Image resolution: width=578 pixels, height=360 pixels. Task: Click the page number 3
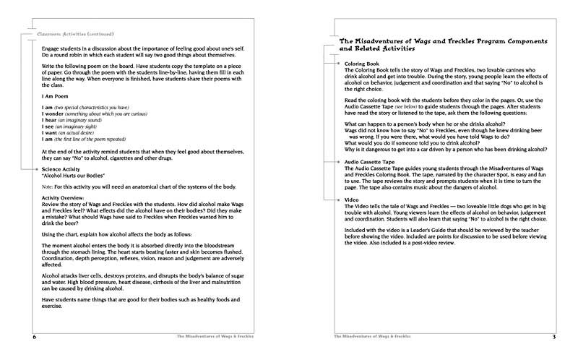click(553, 337)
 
